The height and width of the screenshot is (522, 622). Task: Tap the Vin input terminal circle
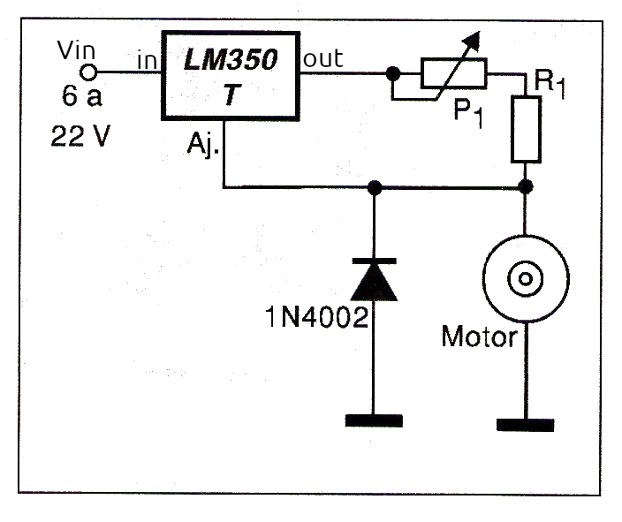click(87, 72)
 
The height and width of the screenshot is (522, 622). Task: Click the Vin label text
click(74, 49)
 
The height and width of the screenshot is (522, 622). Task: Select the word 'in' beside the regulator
click(146, 62)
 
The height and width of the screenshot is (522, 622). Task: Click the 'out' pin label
click(323, 59)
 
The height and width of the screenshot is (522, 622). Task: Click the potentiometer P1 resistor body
click(453, 73)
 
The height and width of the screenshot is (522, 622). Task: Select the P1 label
click(467, 113)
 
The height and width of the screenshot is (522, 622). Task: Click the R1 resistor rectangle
click(526, 130)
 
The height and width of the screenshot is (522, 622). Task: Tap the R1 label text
click(549, 84)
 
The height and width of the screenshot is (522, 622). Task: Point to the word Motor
click(478, 337)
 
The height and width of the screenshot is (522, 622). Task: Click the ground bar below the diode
click(375, 420)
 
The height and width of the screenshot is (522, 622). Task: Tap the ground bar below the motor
click(526, 424)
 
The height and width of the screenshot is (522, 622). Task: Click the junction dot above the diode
click(375, 187)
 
